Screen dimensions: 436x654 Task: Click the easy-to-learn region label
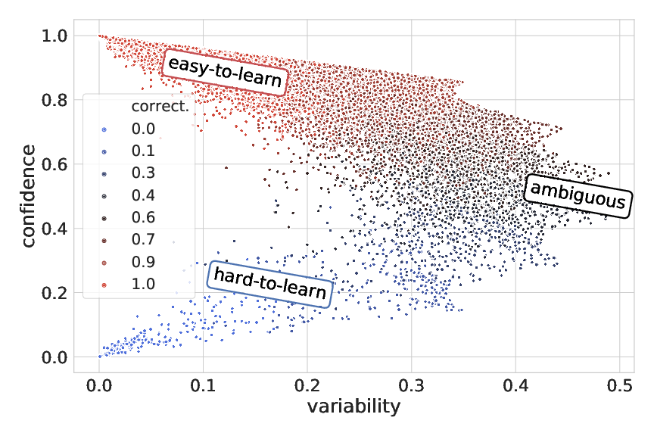(x=224, y=73)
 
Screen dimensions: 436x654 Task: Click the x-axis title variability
(x=353, y=406)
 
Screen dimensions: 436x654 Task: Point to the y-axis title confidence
(x=29, y=195)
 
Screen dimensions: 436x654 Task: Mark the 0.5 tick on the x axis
(x=619, y=384)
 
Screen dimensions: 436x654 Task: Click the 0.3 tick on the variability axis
(x=411, y=384)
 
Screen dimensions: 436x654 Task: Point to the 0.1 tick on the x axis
(x=203, y=384)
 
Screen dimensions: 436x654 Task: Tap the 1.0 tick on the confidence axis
(x=54, y=36)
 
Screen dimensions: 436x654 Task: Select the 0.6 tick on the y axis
(x=54, y=164)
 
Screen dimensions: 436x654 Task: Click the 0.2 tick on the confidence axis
(x=54, y=293)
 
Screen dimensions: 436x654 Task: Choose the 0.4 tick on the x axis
(x=515, y=384)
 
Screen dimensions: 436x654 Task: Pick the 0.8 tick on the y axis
(x=54, y=100)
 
